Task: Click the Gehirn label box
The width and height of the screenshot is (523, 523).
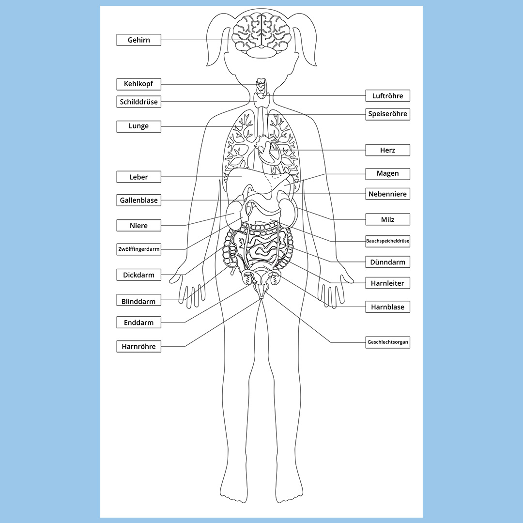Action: tap(139, 40)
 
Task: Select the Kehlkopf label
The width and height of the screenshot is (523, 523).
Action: tap(139, 84)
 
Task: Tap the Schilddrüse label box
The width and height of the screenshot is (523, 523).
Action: tap(139, 102)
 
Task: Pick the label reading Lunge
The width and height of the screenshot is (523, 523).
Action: tap(139, 126)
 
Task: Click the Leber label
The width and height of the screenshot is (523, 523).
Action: tap(139, 177)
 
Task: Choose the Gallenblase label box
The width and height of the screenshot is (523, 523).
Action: tap(139, 200)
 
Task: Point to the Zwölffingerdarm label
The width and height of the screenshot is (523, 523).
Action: tap(139, 249)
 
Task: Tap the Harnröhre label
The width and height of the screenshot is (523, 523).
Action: tap(139, 346)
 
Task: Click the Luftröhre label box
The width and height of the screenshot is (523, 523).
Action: tap(387, 96)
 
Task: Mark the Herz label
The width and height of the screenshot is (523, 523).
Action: tap(387, 150)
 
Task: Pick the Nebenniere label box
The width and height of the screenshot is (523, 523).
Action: tap(387, 194)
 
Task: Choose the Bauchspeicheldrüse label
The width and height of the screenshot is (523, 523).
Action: tap(387, 241)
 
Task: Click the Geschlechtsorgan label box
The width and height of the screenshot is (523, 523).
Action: tap(387, 342)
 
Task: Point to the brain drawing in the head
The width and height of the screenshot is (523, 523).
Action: tap(261, 35)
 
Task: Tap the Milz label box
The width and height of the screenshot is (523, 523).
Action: tap(387, 219)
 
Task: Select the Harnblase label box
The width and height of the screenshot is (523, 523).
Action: tap(387, 307)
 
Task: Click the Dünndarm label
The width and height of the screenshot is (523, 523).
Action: tap(387, 262)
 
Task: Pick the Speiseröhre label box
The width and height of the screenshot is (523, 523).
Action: tap(387, 114)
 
